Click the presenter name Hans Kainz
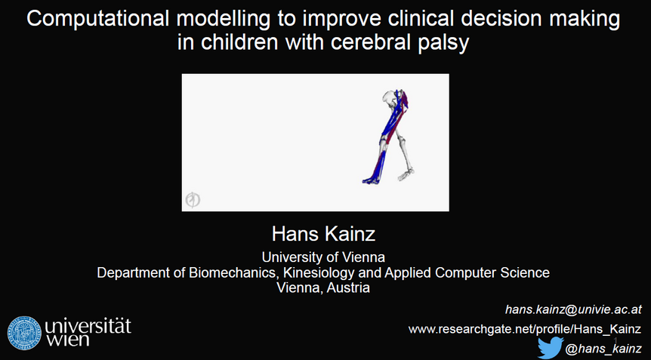pyautogui.click(x=323, y=234)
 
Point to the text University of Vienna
pyautogui.click(x=323, y=257)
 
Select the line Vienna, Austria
pyautogui.click(x=323, y=288)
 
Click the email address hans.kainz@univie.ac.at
pyautogui.click(x=573, y=309)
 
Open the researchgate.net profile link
pyautogui.click(x=525, y=330)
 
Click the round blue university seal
pyautogui.click(x=24, y=333)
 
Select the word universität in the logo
pyautogui.click(x=88, y=327)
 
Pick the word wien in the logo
pyautogui.click(x=67, y=340)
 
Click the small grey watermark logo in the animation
pyautogui.click(x=193, y=200)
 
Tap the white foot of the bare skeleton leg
pyautogui.click(x=406, y=175)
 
